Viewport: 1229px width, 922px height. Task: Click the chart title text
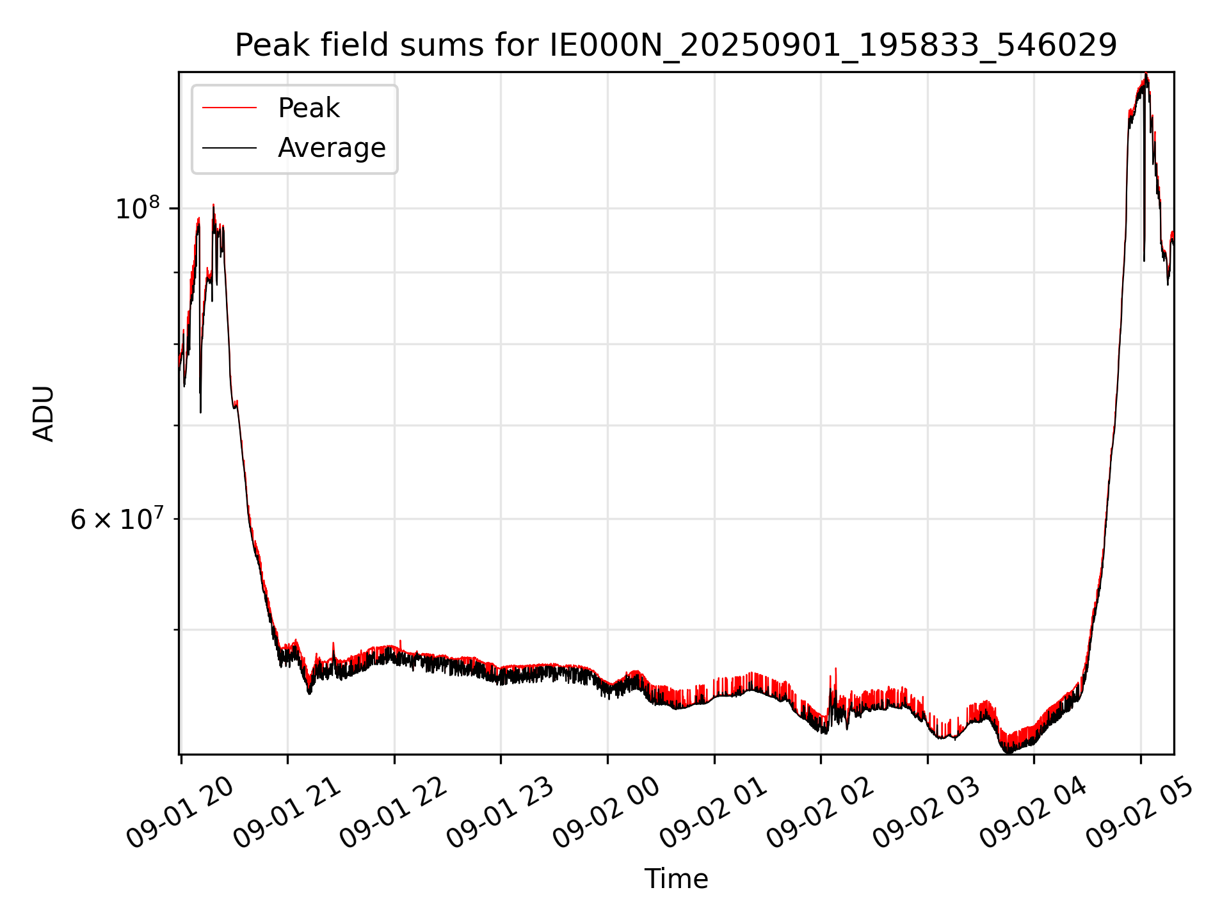point(676,45)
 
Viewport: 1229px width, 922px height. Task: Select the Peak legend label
point(309,108)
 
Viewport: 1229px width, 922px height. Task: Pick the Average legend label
point(332,148)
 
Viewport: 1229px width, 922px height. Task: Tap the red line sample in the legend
point(229,108)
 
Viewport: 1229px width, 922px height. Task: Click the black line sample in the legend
point(229,148)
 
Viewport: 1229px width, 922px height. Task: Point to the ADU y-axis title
point(44,413)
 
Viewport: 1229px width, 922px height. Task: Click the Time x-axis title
point(676,878)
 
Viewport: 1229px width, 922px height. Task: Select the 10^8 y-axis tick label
point(137,209)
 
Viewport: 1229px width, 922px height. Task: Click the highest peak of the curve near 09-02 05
point(1146,76)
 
